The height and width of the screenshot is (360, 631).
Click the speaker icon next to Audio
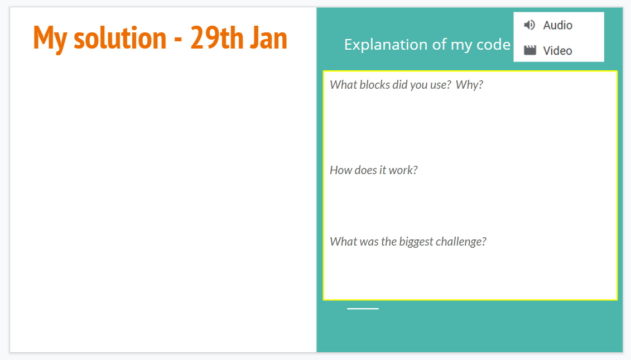pos(529,25)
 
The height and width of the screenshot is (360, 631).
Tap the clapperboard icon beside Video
pos(530,50)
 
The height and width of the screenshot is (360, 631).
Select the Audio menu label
pos(558,25)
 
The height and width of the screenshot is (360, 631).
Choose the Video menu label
pos(558,51)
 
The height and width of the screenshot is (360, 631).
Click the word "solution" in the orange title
pos(120,38)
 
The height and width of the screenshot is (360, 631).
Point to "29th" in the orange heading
pos(217,38)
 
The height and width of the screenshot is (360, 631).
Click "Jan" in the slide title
pos(268,38)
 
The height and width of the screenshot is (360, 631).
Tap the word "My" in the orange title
pos(50,40)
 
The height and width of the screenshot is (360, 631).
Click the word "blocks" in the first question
pos(375,85)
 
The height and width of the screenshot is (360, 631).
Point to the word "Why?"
pos(469,85)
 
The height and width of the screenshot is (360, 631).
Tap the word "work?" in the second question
pos(403,170)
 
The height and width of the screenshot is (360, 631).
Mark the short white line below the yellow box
pos(363,309)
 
